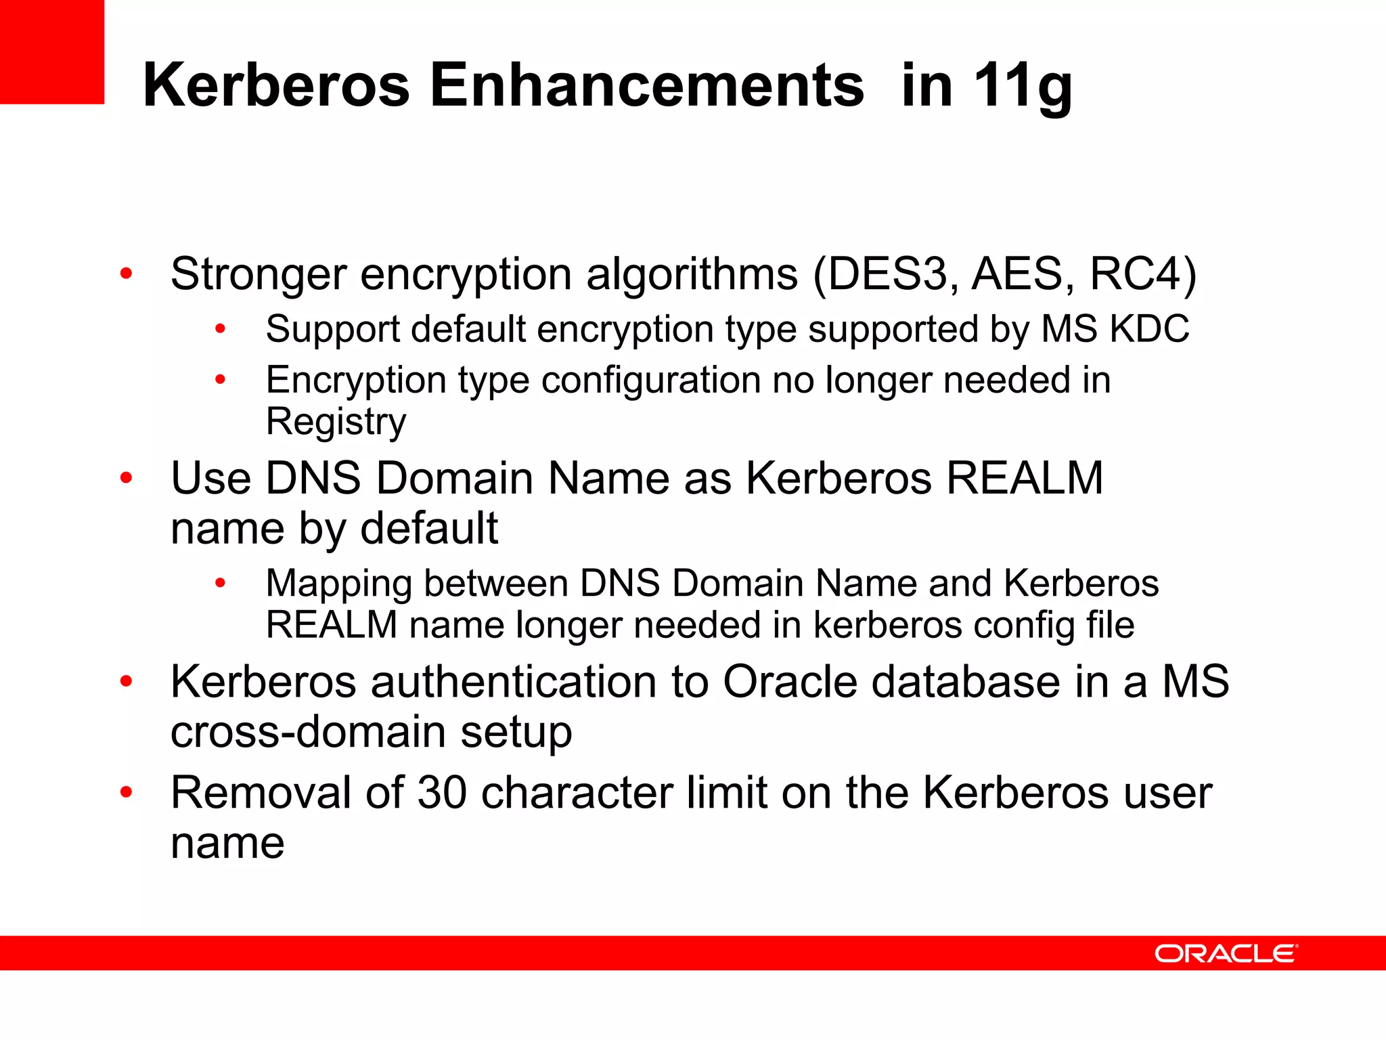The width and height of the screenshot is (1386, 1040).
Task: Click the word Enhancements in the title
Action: [646, 85]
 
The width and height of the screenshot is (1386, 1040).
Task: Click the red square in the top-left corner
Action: [51, 51]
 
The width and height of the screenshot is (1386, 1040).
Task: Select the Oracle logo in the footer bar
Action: [1226, 953]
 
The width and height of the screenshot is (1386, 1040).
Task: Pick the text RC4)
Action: [1143, 274]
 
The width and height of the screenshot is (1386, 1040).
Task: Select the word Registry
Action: [336, 422]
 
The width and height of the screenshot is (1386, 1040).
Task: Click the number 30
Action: [442, 793]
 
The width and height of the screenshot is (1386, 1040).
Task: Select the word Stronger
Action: [259, 274]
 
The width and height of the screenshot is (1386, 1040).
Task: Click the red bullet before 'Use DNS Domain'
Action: [126, 479]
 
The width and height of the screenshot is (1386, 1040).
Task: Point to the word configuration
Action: [650, 381]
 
